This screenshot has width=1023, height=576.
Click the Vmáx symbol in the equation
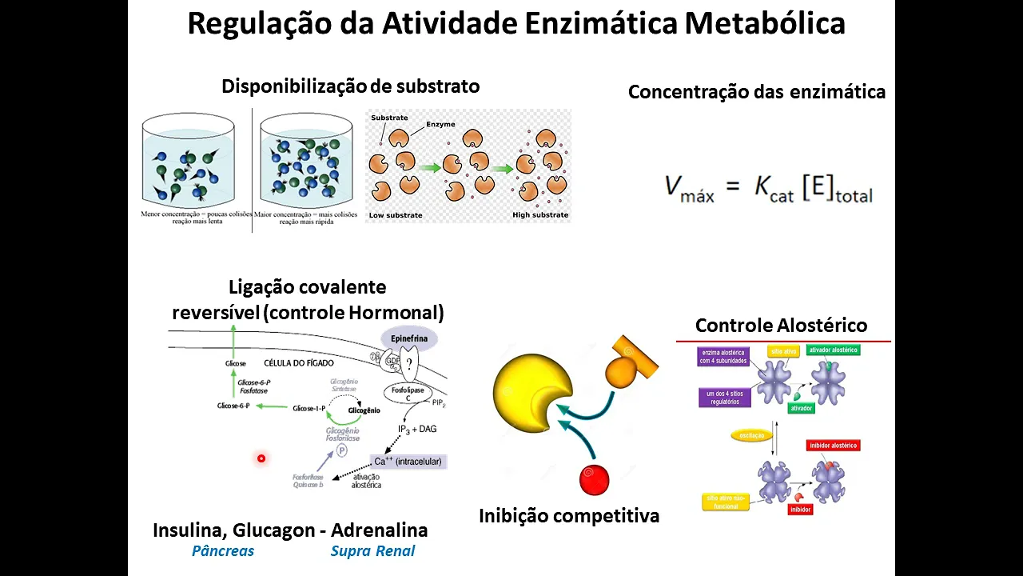[689, 188]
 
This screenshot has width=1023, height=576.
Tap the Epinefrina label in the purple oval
[409, 338]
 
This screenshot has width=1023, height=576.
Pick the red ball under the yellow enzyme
[594, 480]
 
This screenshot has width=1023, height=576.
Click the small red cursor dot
[261, 458]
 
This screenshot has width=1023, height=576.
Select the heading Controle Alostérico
[781, 326]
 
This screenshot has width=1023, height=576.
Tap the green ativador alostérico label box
[833, 350]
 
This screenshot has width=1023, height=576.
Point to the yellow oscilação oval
[752, 436]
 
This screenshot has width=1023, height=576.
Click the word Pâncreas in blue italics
[223, 551]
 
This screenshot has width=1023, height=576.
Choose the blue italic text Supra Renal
[372, 551]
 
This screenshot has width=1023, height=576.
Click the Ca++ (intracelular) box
[408, 462]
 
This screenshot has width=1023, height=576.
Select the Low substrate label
[395, 215]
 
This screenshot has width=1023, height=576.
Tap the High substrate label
[540, 215]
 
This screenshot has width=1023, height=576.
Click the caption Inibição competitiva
[569, 516]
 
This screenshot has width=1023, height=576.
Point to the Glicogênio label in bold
[364, 410]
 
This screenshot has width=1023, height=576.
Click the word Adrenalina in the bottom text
[379, 530]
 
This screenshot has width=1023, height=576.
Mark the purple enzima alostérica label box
[724, 356]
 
